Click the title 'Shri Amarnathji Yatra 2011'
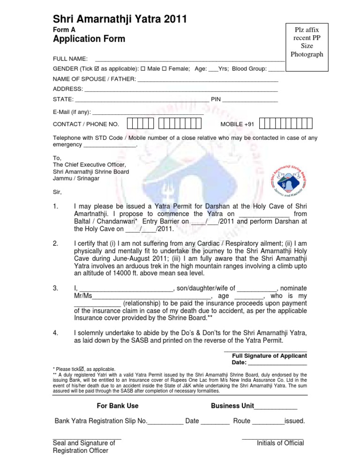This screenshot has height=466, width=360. click(120, 19)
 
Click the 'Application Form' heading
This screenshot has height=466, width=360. click(89, 39)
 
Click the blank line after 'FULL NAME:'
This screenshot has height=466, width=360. click(189, 60)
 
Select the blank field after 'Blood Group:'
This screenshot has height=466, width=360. click(277, 69)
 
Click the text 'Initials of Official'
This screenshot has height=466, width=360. click(280, 443)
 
